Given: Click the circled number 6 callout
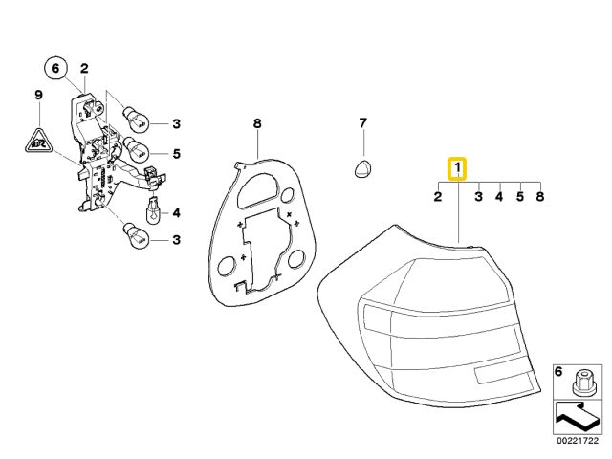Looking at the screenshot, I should click(55, 68).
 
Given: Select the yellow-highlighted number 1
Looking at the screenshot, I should click(459, 169).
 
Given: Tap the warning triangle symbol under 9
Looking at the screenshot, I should click(37, 141).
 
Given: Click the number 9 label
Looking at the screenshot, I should click(38, 95).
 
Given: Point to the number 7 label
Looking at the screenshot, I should click(362, 123).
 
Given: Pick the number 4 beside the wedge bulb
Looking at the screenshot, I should click(176, 211).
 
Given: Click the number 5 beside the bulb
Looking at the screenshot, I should click(176, 153).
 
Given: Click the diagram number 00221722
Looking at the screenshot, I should click(578, 441).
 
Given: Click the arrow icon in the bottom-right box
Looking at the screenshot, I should click(578, 417).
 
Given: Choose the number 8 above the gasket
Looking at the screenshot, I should click(256, 123).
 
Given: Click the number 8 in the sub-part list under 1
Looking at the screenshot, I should click(540, 197).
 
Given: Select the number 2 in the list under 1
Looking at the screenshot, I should click(438, 197).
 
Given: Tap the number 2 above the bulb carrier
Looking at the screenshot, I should click(83, 68).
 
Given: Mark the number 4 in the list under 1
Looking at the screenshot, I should click(498, 197).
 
